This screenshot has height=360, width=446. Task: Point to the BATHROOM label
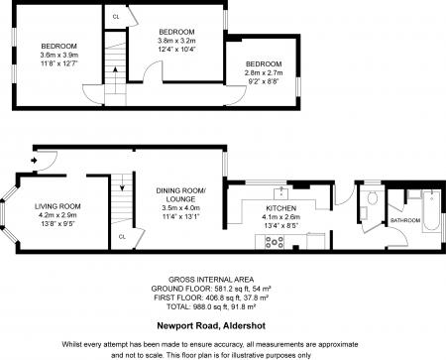point(405,219)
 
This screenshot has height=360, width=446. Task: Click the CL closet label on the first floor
point(117,17)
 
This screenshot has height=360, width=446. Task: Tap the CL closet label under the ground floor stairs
point(122,237)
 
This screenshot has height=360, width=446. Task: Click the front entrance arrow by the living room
point(36,159)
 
